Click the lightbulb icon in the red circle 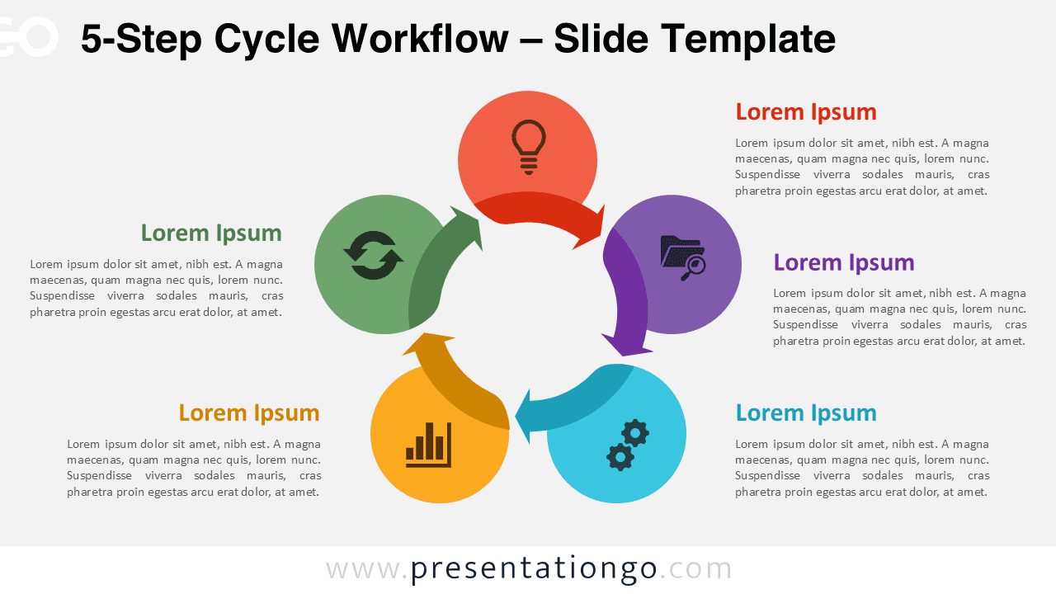pos(529,147)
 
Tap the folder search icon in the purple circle pos(682,257)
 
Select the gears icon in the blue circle pos(628,445)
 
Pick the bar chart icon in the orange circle pos(429,445)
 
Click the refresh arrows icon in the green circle pos(373,256)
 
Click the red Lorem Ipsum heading pos(805,112)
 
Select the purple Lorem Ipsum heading pos(843,263)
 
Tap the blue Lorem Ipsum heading pos(805,413)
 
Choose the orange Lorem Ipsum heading pos(248,413)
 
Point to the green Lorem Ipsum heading pos(211,233)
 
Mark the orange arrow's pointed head pos(427,341)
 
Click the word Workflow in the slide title pos(423,39)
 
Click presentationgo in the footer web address pos(534,568)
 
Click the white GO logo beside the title pos(28,37)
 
